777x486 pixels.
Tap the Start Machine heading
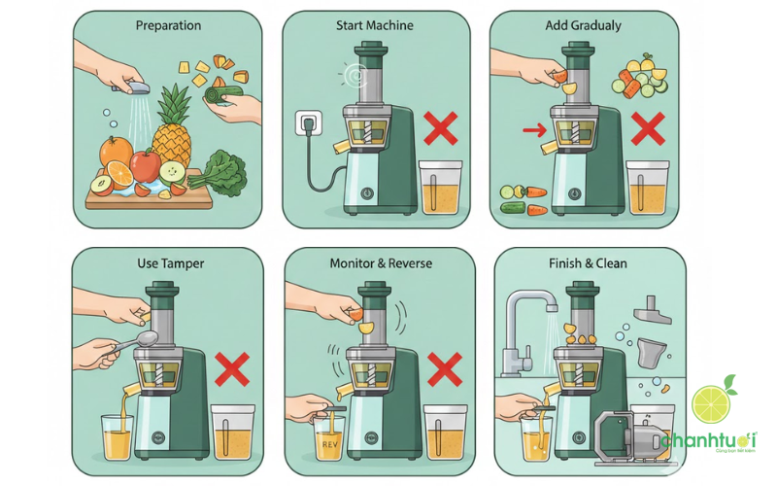click(375, 26)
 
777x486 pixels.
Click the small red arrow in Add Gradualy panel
click(530, 128)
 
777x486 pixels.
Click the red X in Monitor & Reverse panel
click(444, 369)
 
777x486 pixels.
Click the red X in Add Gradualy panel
click(649, 128)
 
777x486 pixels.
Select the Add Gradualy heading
click(582, 26)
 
